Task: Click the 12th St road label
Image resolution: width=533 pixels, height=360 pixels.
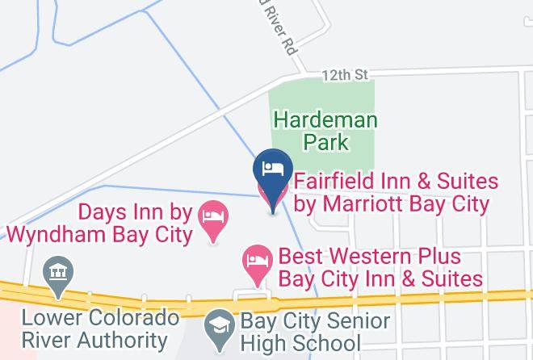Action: click(346, 74)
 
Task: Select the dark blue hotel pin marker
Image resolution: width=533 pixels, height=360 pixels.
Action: click(273, 171)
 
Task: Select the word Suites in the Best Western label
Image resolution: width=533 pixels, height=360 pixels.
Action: click(452, 279)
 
